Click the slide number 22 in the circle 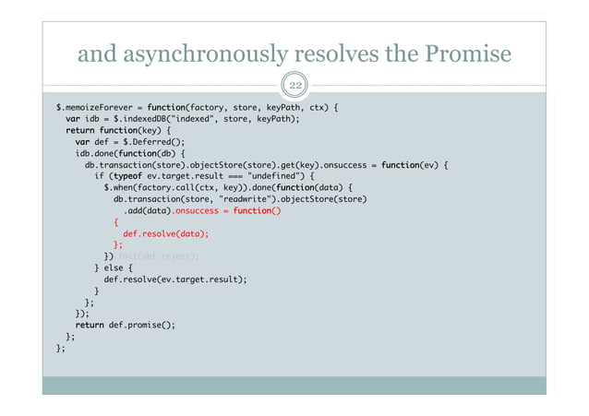click(294, 88)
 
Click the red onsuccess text click(197, 210)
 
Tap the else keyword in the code click(113, 267)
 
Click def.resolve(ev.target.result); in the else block click(175, 279)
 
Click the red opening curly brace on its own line click(116, 222)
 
